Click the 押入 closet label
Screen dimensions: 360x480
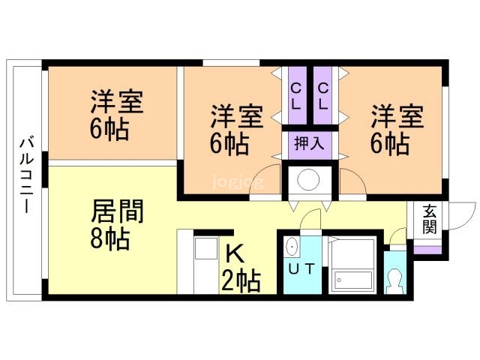click(x=308, y=143)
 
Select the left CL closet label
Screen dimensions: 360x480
click(x=295, y=97)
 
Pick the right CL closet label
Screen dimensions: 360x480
click(x=322, y=97)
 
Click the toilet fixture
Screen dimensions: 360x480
click(x=394, y=279)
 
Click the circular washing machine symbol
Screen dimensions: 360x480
click(x=308, y=180)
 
